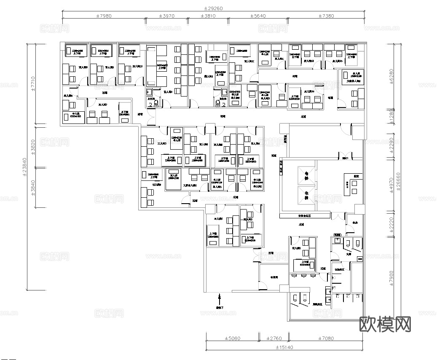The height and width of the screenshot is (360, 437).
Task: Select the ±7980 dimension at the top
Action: click(x=104, y=16)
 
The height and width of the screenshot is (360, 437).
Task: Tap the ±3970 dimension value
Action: click(x=166, y=16)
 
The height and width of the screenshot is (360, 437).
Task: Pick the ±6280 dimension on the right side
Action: click(x=391, y=75)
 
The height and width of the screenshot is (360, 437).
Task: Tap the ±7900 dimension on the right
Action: click(x=391, y=279)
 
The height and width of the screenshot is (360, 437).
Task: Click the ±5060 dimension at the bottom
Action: click(x=232, y=338)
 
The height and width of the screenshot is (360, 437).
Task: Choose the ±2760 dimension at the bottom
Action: click(x=273, y=338)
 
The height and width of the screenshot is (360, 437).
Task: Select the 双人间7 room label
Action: click(x=103, y=105)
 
